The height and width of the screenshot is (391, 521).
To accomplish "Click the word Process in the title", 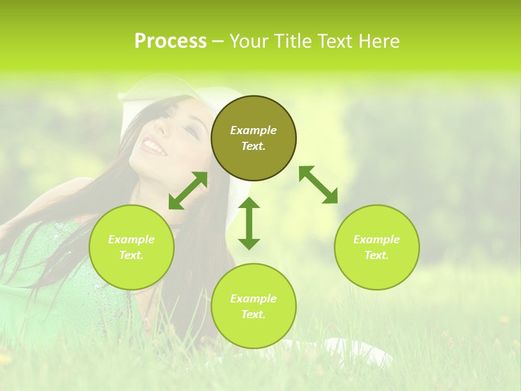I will pyautogui.click(x=170, y=41).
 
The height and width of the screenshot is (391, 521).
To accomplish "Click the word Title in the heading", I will pyautogui.click(x=292, y=41).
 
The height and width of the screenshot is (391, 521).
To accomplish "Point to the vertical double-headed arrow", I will pyautogui.click(x=249, y=223).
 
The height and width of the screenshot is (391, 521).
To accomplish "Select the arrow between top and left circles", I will pyautogui.click(x=188, y=191).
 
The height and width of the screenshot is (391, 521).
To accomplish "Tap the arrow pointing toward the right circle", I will pyautogui.click(x=319, y=185).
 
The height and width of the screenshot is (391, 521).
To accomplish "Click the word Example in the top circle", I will pyautogui.click(x=253, y=130).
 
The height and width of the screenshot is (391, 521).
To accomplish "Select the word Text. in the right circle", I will pyautogui.click(x=377, y=255).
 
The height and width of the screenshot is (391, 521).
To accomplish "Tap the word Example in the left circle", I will pyautogui.click(x=131, y=239).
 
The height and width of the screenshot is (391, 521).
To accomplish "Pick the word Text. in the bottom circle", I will pyautogui.click(x=253, y=314).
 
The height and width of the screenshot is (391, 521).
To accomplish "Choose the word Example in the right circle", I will pyautogui.click(x=377, y=239).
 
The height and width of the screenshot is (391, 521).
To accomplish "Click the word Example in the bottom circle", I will pyautogui.click(x=253, y=299).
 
